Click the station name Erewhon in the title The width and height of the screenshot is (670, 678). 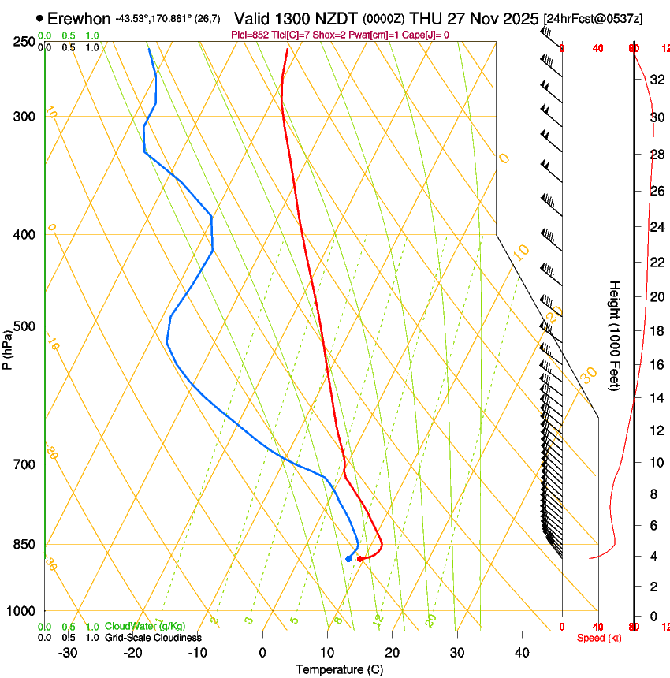[79, 18]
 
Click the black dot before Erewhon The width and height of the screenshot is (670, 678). [39, 18]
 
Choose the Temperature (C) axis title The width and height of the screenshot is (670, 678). [339, 669]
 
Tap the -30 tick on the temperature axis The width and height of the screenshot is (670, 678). [68, 652]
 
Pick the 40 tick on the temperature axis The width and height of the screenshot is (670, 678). [522, 652]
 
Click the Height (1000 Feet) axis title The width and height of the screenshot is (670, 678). [615, 335]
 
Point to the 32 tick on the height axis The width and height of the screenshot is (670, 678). [656, 80]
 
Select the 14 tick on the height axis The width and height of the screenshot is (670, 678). [656, 398]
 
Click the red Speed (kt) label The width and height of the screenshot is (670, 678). [599, 638]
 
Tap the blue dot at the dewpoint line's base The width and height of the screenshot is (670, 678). [348, 559]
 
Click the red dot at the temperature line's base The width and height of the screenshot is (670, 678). [360, 559]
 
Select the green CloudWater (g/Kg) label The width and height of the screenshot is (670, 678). [145, 627]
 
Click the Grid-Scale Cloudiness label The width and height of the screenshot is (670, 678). [153, 638]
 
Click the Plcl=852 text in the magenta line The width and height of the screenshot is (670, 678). [249, 35]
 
